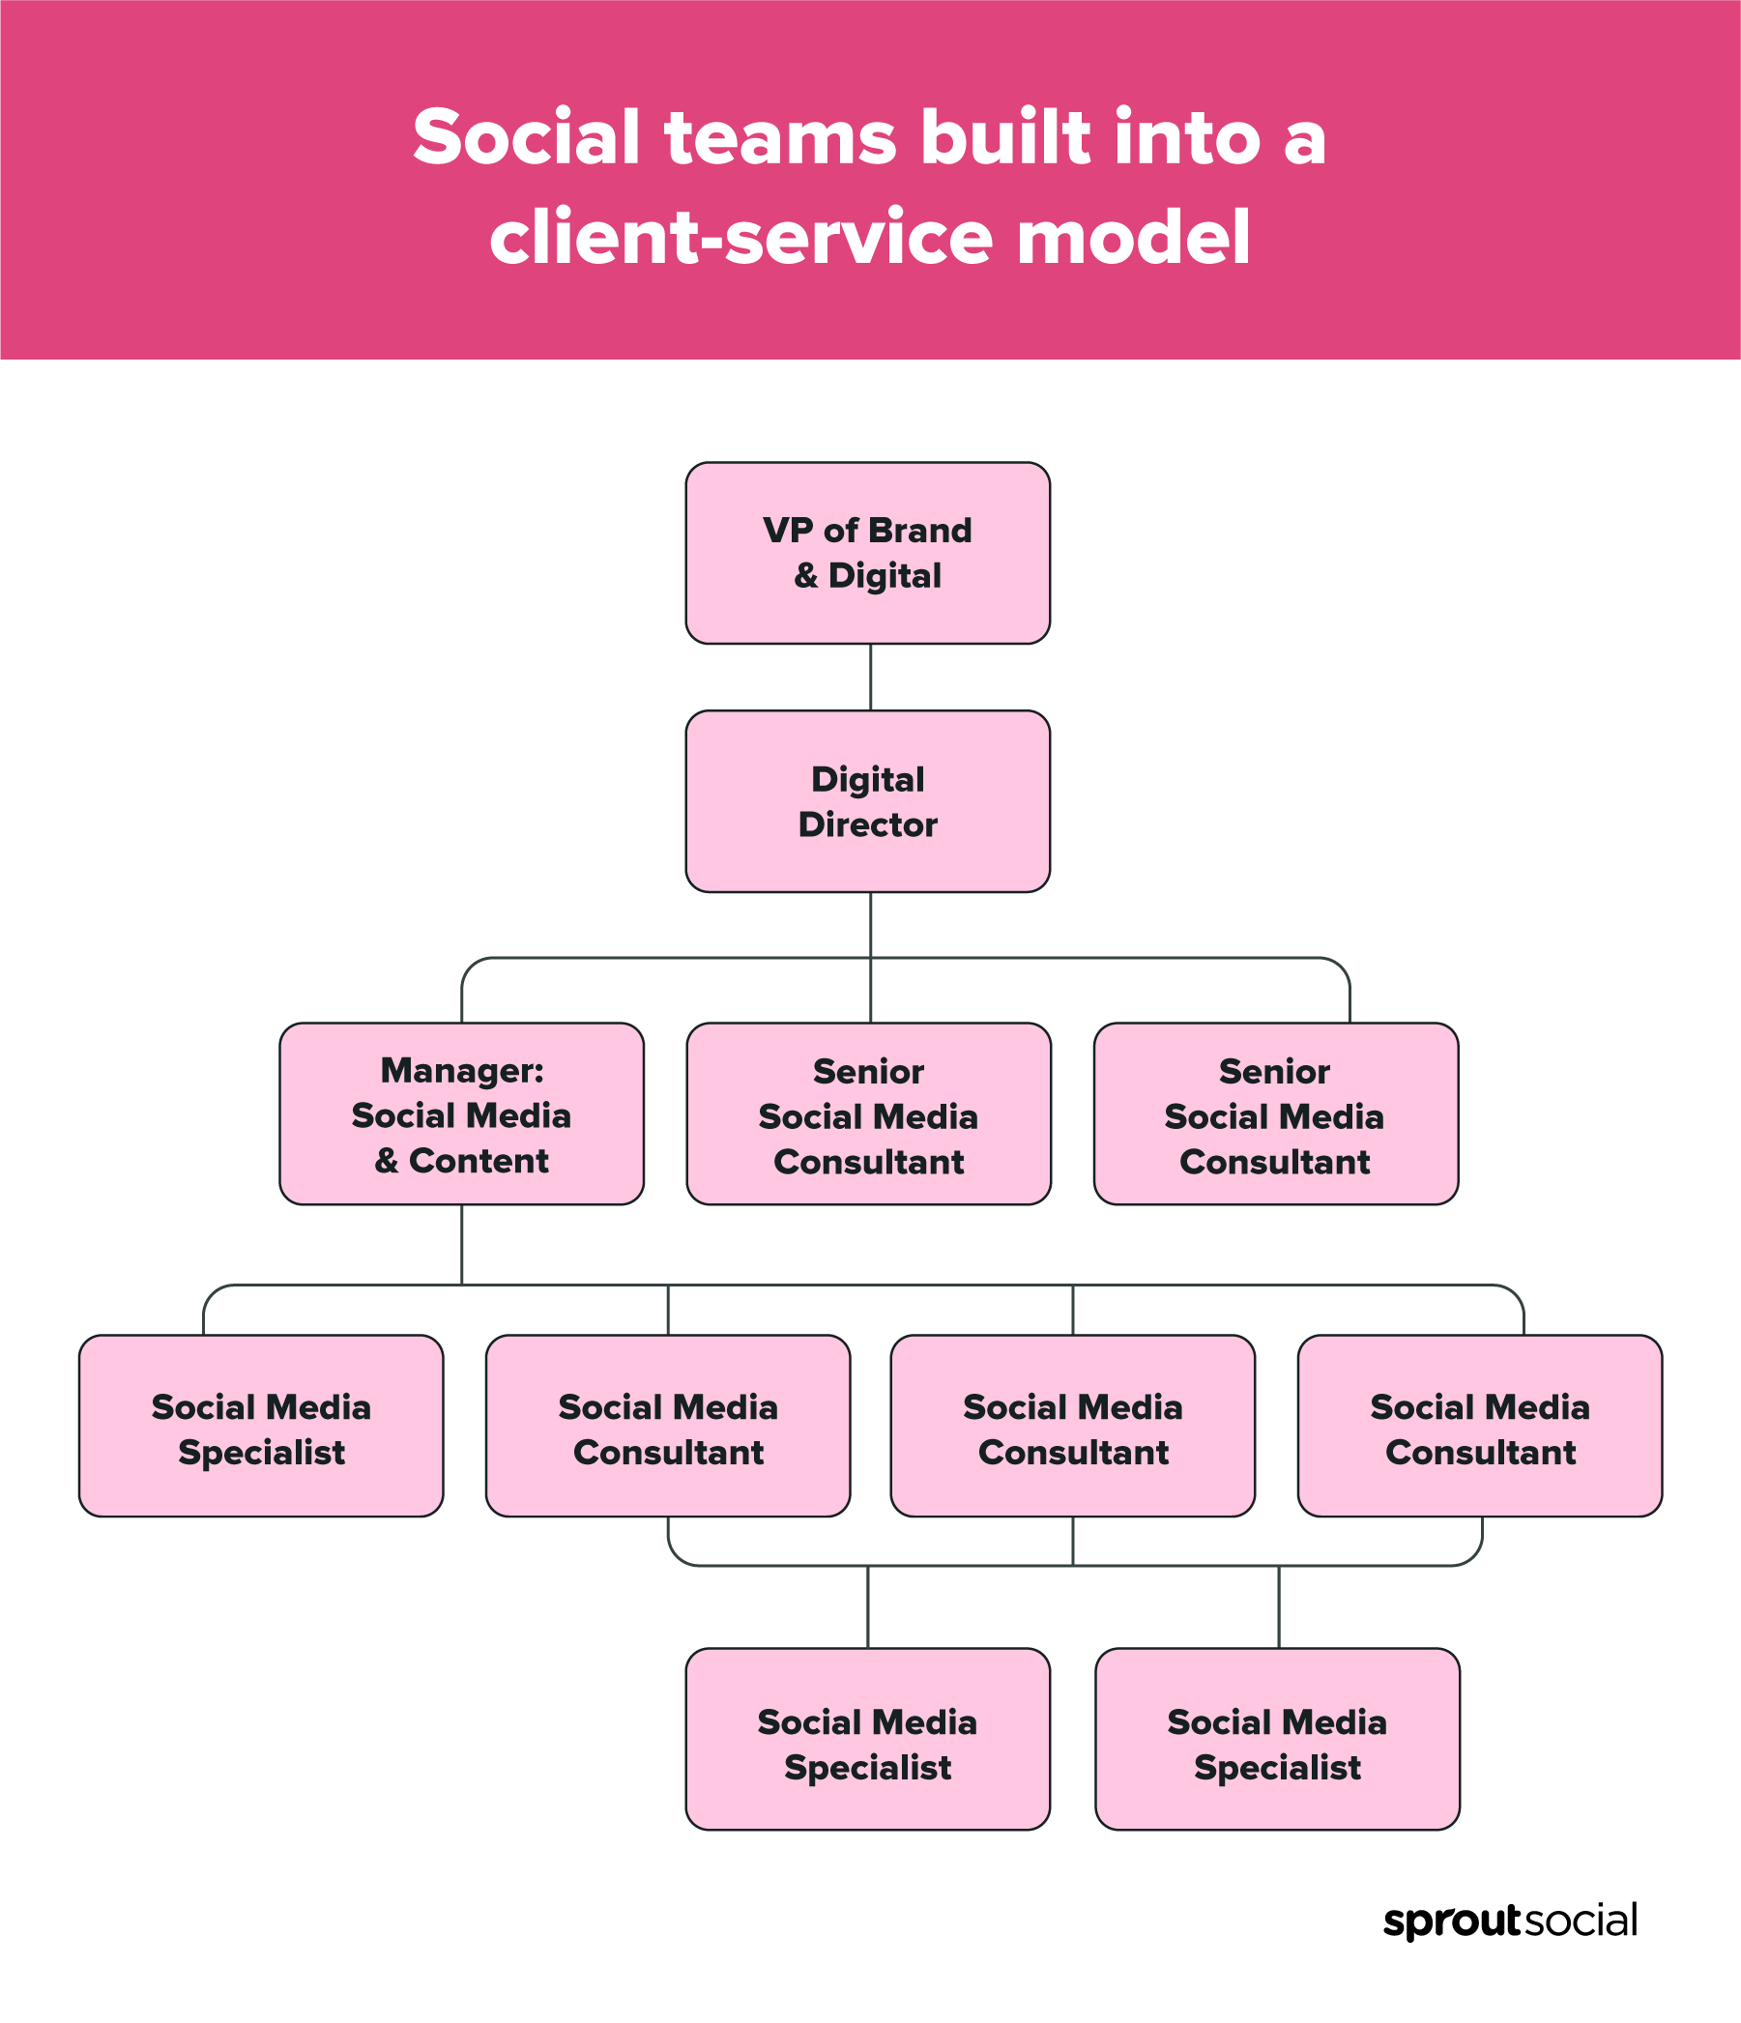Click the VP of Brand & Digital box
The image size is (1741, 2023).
[867, 553]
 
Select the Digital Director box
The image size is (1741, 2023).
[867, 800]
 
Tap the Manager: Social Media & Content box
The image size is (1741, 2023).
[461, 1114]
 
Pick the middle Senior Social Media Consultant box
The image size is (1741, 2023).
[868, 1114]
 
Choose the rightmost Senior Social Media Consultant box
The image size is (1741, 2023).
[1275, 1114]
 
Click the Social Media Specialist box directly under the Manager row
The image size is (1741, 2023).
[261, 1426]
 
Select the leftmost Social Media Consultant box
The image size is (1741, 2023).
[668, 1426]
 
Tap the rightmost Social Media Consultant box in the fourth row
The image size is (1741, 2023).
[1479, 1426]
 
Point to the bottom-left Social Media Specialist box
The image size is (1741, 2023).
[867, 1739]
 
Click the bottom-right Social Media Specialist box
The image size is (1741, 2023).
[1277, 1739]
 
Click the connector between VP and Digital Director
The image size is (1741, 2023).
[870, 677]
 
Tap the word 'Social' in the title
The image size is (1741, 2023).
[526, 136]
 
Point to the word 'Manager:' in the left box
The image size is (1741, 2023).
[462, 1070]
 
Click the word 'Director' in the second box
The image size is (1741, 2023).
[867, 825]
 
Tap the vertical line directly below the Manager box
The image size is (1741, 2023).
[462, 1244]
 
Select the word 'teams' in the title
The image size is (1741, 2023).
[780, 136]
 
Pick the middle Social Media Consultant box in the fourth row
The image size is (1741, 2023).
[1072, 1426]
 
